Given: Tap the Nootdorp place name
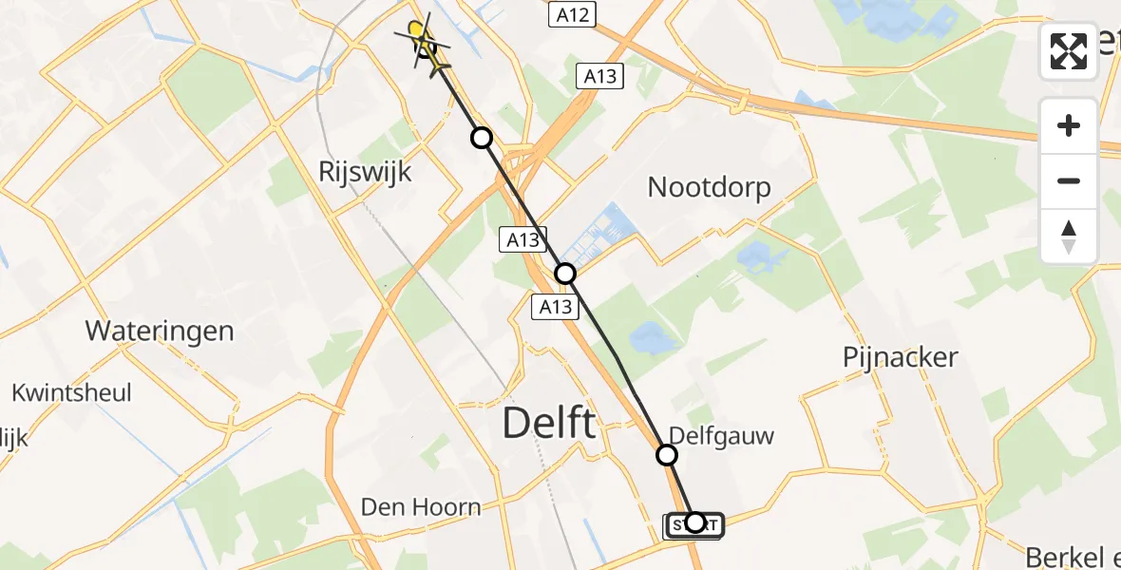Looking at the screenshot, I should point(709,187).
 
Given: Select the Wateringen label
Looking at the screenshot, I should point(160,332).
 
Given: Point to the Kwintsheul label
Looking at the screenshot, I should point(71,392).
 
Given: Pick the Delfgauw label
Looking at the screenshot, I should point(721,436).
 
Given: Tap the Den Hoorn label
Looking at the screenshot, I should point(421,507).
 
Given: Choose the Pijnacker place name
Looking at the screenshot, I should point(901,358).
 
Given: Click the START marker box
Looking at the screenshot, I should point(694,524).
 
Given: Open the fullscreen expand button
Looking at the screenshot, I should point(1069,51).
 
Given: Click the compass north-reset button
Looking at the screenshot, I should point(1069,236).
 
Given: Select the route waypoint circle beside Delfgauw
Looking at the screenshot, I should point(667,455).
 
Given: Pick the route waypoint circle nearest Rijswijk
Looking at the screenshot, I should point(482,138).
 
